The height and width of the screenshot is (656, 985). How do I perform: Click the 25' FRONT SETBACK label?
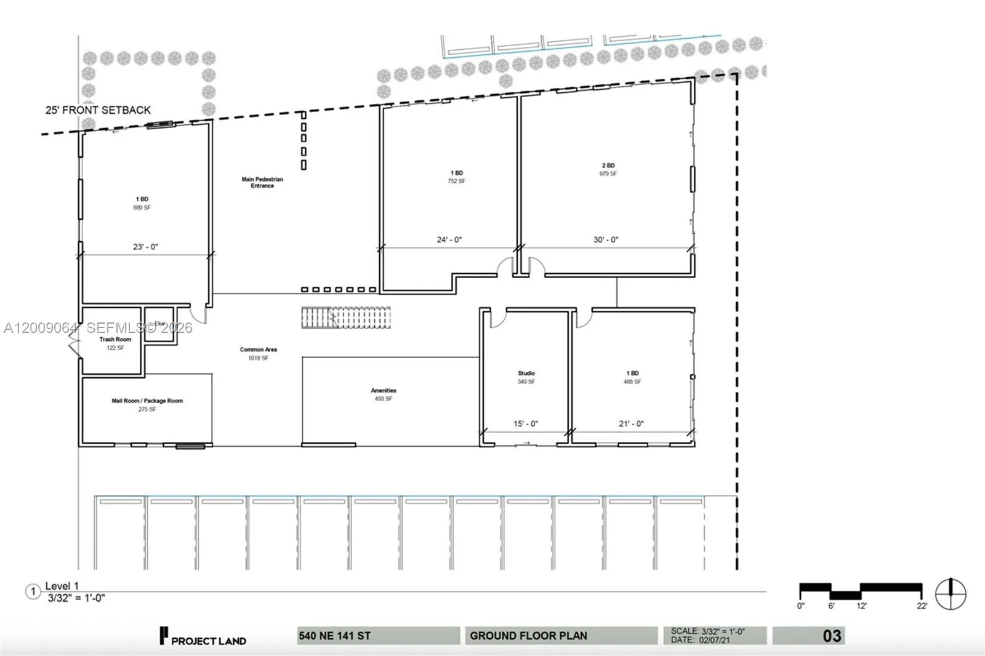tap(98, 110)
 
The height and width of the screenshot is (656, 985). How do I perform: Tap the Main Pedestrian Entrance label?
tap(262, 183)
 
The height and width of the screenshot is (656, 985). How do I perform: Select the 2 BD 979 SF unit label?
tap(608, 170)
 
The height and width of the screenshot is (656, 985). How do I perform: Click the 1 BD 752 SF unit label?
tap(456, 177)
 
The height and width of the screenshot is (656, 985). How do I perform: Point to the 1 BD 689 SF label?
tap(142, 204)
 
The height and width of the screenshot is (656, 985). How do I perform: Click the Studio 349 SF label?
tap(526, 377)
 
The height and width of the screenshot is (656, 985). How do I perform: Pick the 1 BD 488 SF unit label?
tap(632, 377)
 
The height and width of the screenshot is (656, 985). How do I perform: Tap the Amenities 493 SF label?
tap(383, 394)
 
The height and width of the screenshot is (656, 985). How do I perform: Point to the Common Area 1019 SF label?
tap(258, 353)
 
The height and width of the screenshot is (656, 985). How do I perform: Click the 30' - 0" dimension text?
tap(606, 240)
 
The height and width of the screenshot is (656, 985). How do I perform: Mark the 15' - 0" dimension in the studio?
tap(526, 424)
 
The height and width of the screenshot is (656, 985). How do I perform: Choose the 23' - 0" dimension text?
tap(145, 247)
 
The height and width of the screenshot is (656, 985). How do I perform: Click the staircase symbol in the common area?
tap(345, 318)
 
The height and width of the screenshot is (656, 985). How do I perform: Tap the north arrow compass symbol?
tap(951, 594)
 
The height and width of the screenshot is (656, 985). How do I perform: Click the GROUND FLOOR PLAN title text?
tap(528, 636)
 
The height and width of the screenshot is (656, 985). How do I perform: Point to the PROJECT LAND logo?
tap(203, 638)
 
